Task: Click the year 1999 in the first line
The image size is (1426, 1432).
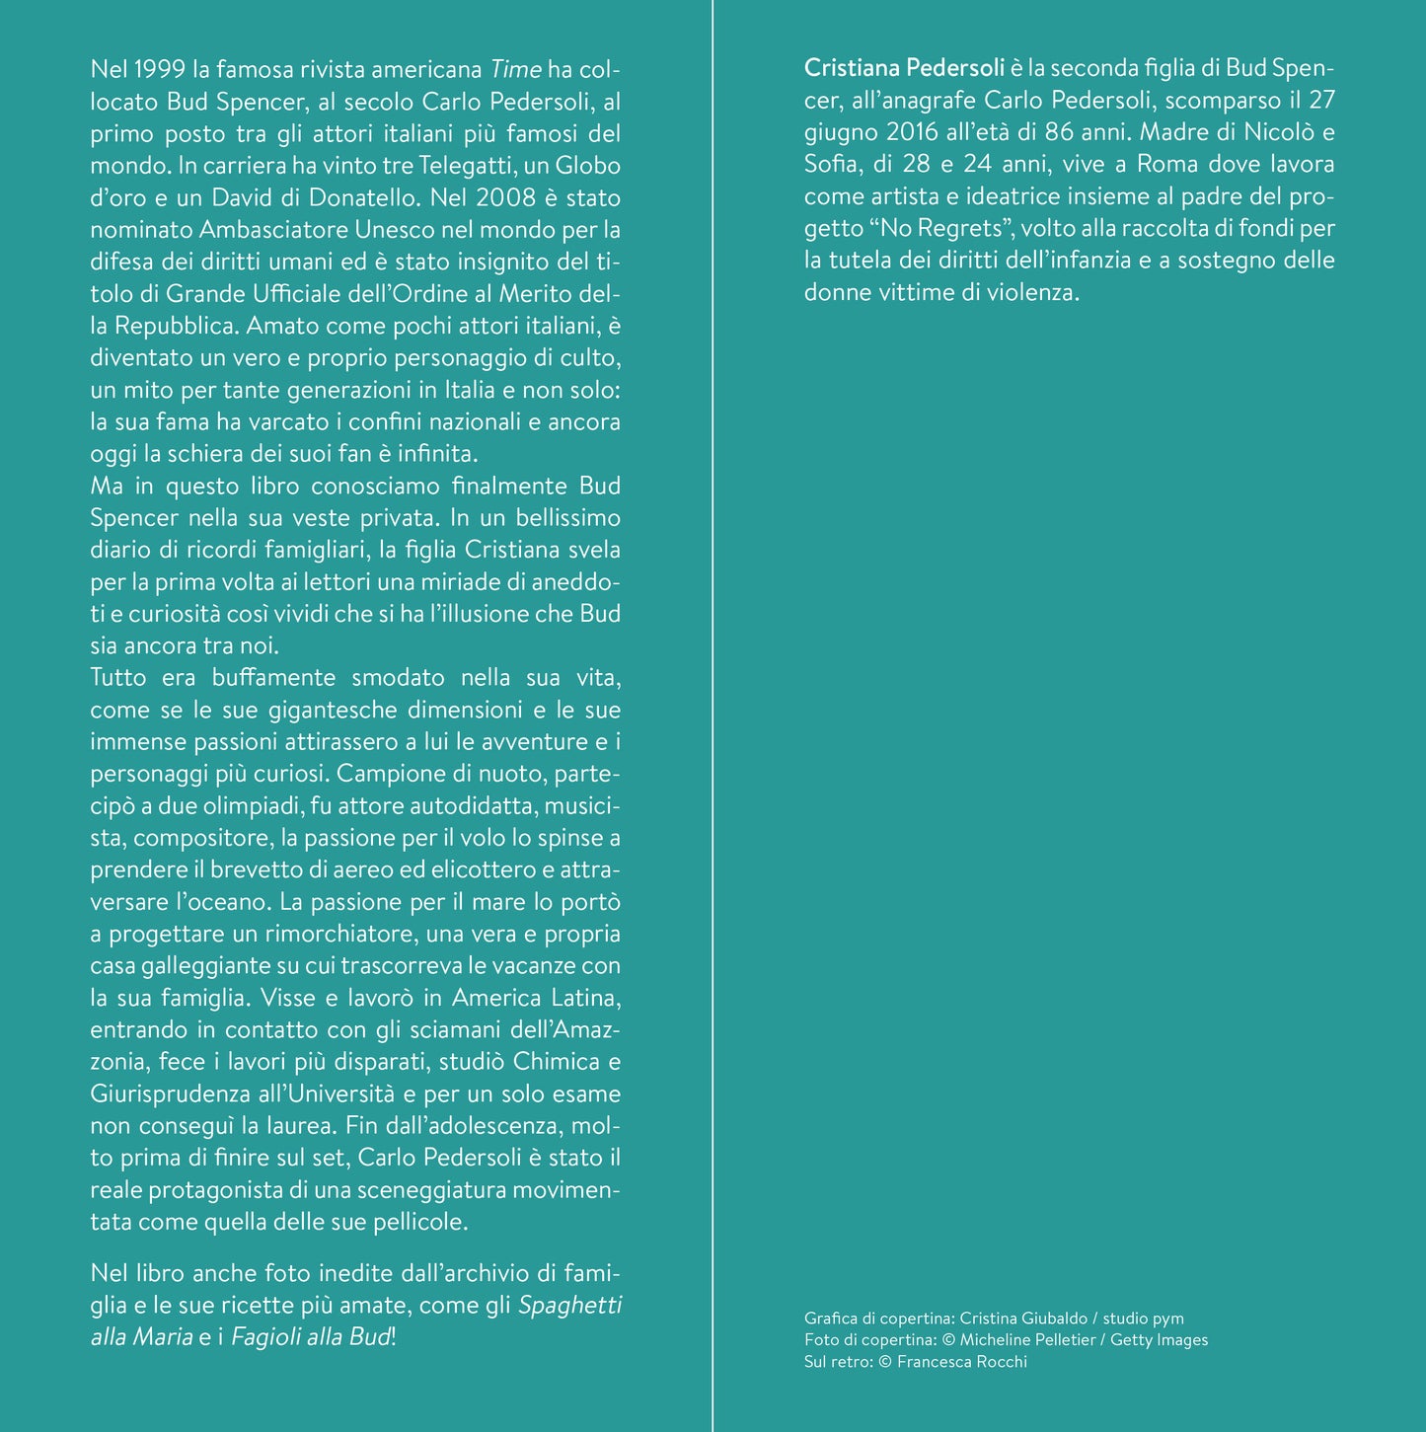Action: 159,70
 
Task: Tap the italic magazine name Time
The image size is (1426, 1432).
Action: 515,70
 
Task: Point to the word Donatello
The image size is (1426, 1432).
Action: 370,198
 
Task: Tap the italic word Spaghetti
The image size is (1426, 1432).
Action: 569,1306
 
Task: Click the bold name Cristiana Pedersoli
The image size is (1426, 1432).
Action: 904,68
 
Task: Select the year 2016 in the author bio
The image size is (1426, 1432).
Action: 911,132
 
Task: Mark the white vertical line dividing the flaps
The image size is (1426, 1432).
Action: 713,716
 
